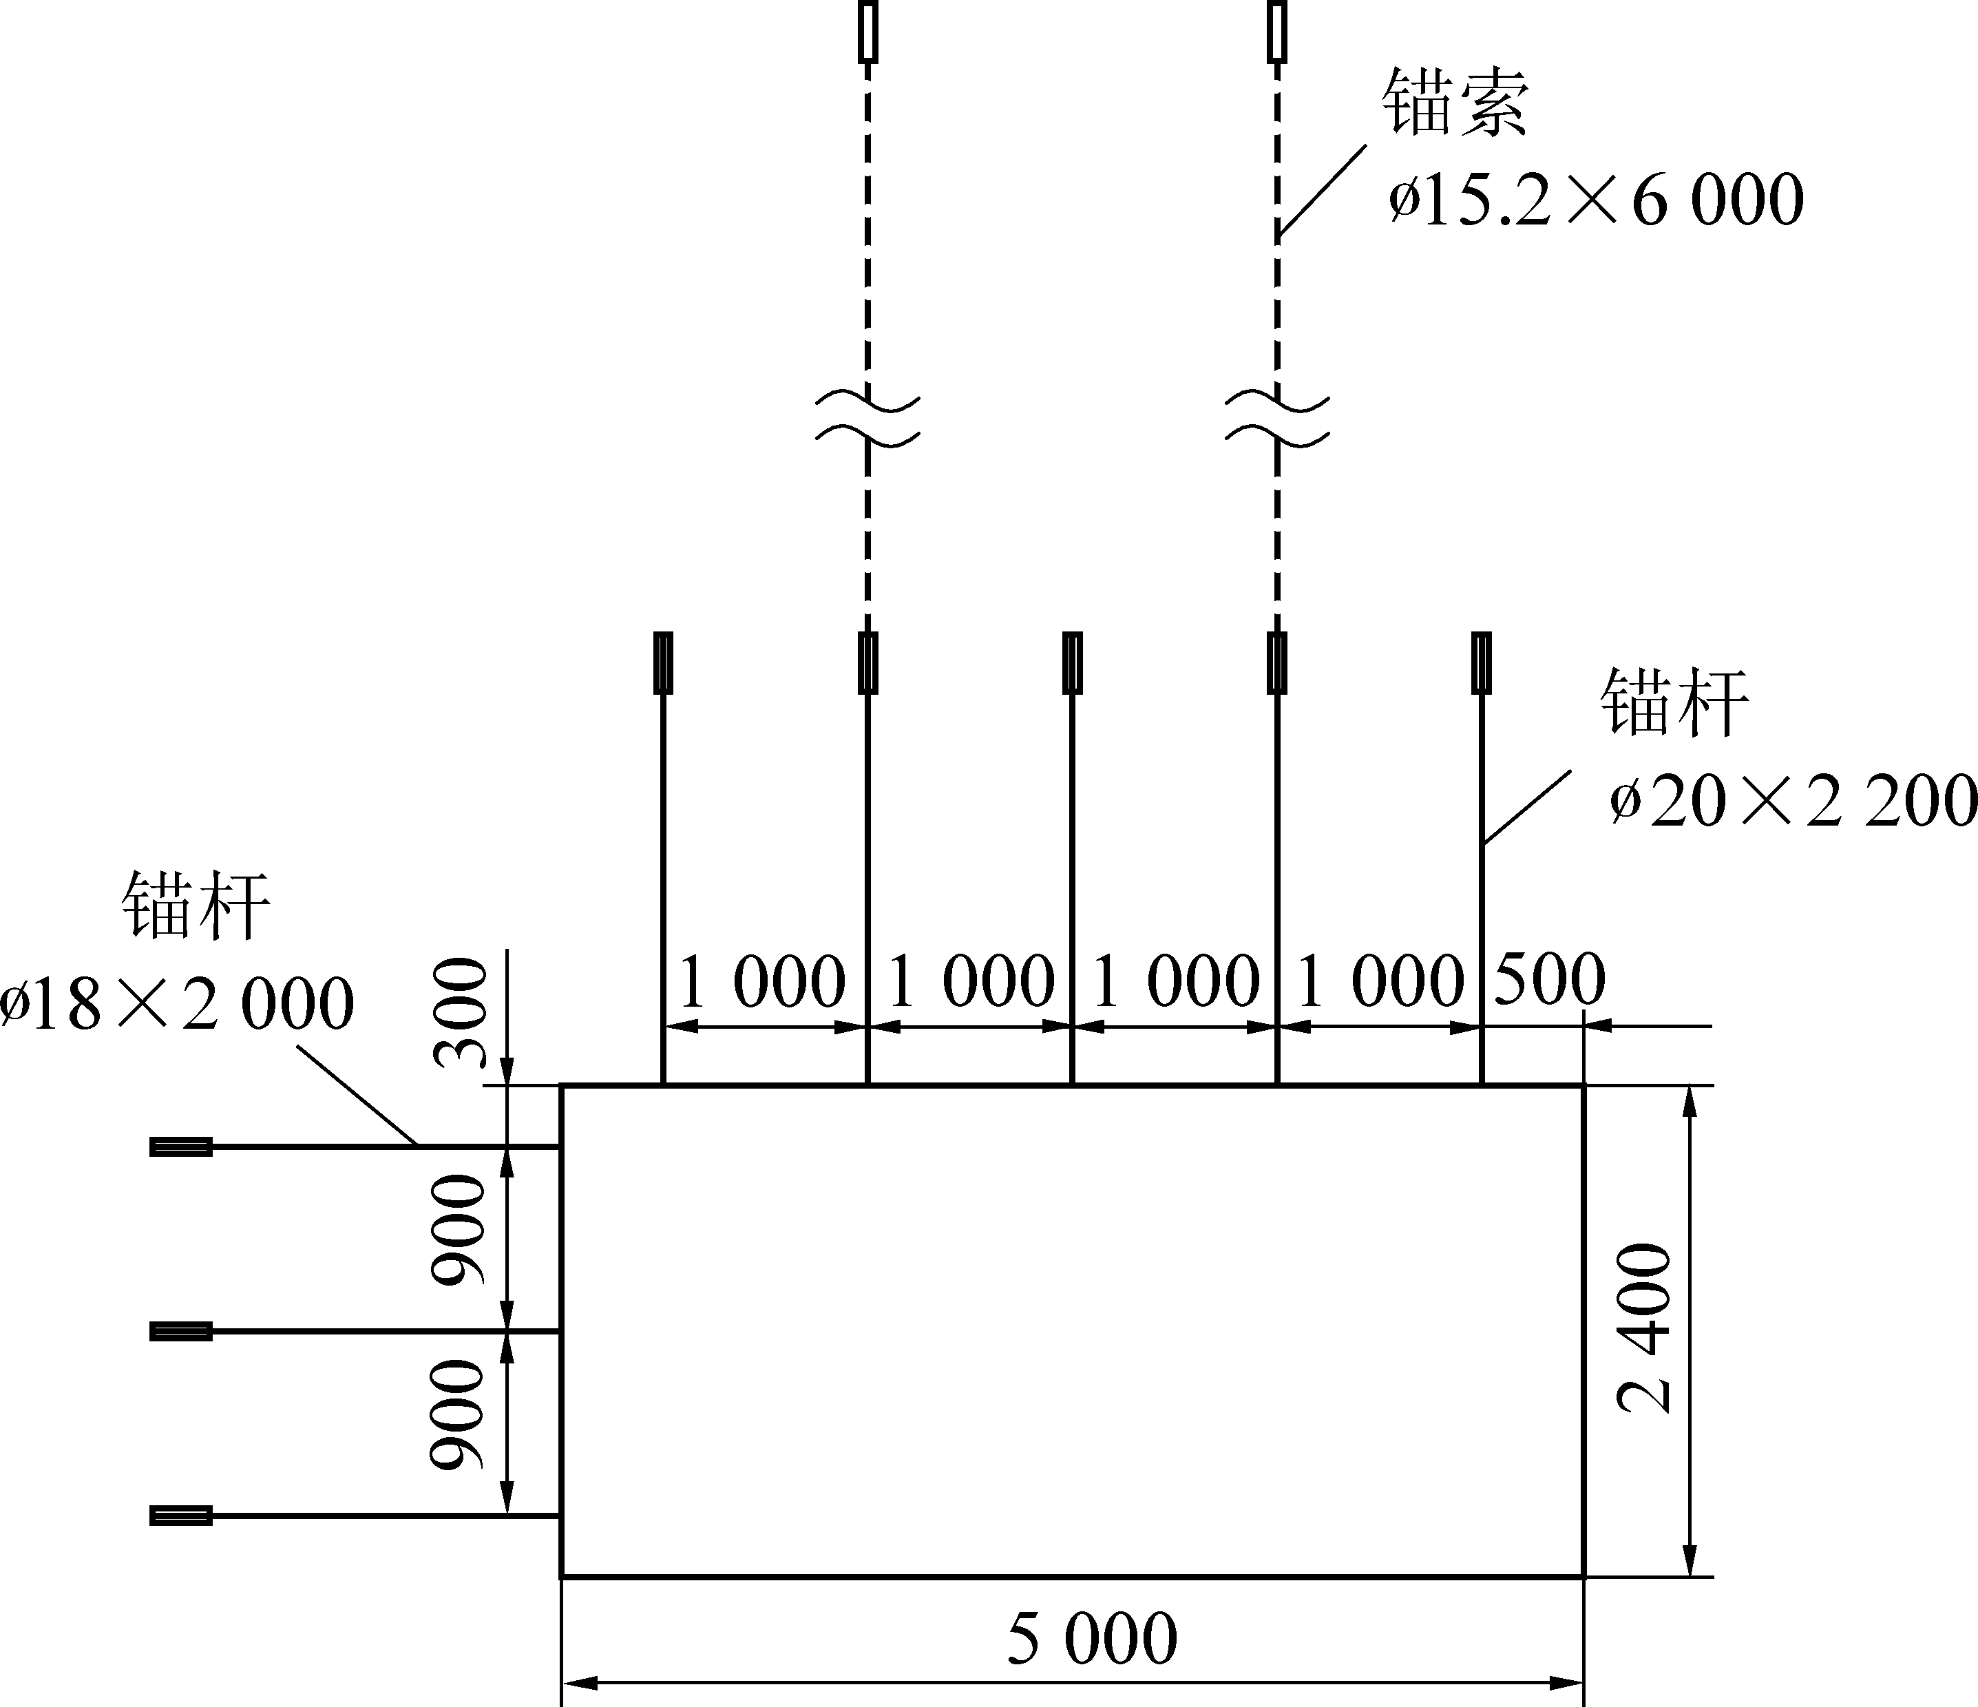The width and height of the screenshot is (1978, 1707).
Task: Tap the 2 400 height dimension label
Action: (x=1645, y=1327)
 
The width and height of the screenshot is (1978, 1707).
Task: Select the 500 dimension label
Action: (x=1549, y=978)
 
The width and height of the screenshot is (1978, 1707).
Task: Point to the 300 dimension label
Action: (x=460, y=1012)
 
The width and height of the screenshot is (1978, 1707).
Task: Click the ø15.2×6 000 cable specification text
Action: (x=1596, y=200)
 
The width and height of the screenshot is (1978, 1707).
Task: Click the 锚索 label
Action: (x=1456, y=101)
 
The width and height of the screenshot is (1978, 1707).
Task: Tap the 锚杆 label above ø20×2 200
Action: (x=1674, y=702)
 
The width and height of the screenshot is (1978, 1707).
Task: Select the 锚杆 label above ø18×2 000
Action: (x=196, y=904)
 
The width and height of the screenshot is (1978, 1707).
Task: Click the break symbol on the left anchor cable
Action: (x=867, y=415)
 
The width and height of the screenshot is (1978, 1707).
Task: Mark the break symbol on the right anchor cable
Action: (x=1277, y=415)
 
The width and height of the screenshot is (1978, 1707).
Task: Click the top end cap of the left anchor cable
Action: (x=867, y=32)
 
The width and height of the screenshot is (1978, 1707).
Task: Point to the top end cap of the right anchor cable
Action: (x=1277, y=32)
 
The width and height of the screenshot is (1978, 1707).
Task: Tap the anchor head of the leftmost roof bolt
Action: (x=662, y=662)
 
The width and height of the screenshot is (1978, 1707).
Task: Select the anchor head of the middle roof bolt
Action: (x=1072, y=662)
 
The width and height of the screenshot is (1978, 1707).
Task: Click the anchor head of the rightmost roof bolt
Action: (x=1482, y=662)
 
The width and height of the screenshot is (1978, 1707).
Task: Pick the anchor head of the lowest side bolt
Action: (x=181, y=1515)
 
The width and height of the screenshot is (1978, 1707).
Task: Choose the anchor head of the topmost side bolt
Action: (x=181, y=1146)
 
